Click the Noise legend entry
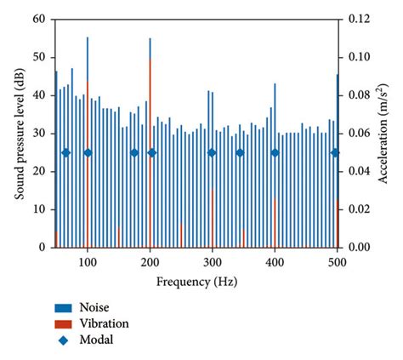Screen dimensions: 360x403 [94, 307]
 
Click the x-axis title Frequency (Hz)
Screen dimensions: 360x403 [196, 280]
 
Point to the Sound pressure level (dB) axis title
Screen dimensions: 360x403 [18, 133]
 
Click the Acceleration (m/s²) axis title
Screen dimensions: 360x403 [384, 133]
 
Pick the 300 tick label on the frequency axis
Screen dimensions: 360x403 [213, 260]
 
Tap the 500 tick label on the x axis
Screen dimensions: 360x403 [338, 260]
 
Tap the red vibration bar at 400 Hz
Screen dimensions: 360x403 [275, 223]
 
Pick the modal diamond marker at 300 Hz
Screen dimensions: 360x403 [212, 153]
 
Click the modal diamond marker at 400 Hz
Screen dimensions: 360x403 [275, 153]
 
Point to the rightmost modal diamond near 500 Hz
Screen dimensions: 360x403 [335, 153]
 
